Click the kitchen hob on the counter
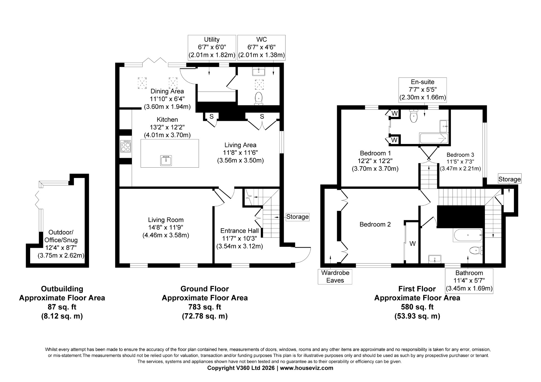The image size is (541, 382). [x=126, y=146]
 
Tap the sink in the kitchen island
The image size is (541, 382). [x=167, y=160]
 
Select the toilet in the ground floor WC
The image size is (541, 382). [x=259, y=99]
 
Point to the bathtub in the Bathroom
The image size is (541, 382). [x=468, y=235]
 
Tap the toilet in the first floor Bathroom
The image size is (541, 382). [x=476, y=250]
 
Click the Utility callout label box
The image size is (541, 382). [x=212, y=47]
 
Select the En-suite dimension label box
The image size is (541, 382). [x=423, y=90]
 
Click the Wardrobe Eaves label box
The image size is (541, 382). [x=335, y=276]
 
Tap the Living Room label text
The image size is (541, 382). [x=166, y=220]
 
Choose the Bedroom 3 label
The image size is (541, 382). [x=460, y=155]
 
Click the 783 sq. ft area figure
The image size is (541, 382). [x=205, y=307]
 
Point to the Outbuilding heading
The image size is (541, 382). [x=62, y=289]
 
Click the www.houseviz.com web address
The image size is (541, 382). [x=307, y=368]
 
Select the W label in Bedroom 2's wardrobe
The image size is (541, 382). [x=413, y=244]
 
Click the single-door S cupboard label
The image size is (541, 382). [x=211, y=116]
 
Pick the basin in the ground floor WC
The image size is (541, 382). [x=259, y=72]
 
